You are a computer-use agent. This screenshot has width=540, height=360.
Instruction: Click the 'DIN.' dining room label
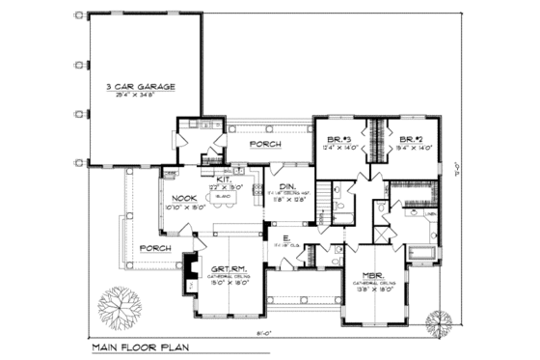[287, 189]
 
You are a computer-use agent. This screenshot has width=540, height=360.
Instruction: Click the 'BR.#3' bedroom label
[337, 138]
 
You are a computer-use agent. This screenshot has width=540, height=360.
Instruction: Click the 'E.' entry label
[286, 236]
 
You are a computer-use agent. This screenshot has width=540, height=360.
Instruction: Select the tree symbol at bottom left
[118, 309]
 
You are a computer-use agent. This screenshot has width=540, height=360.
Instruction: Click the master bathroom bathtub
[422, 255]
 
